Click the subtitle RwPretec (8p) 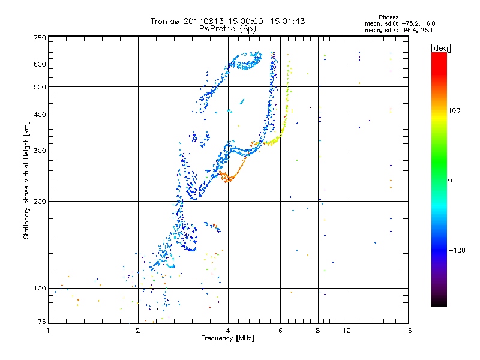[227, 29]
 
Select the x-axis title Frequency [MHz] [227, 338]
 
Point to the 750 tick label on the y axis [40, 38]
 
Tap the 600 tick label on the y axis [40, 64]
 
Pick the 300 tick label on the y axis [40, 151]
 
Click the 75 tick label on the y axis [41, 322]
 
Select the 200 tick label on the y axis [40, 202]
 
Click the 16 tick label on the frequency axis [408, 331]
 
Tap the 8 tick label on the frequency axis [318, 331]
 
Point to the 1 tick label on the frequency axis [48, 331]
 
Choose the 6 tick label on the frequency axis [280, 331]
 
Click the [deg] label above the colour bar [440, 48]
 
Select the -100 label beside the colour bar [457, 250]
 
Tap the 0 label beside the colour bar [450, 180]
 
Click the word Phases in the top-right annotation [388, 17]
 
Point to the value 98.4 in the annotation [409, 31]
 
